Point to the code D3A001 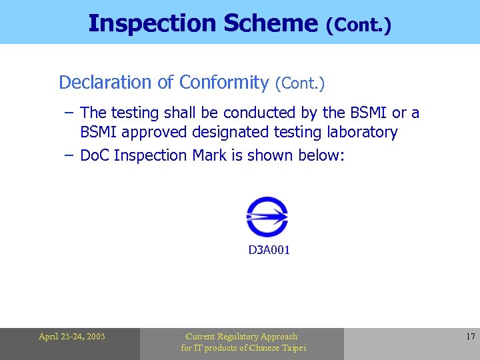point(269,251)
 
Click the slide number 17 point(471,337)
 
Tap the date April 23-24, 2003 point(71,337)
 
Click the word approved point(156,132)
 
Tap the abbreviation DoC point(95,155)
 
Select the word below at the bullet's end point(323,155)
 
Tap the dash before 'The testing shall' point(69,113)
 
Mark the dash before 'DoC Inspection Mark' point(69,155)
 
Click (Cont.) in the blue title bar point(358,25)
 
